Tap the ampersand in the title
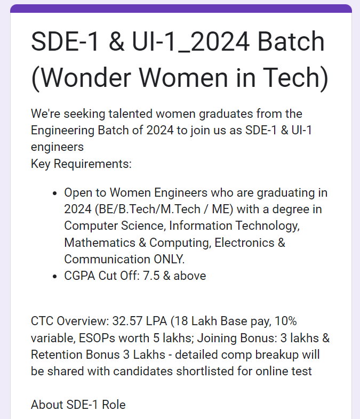tap(117, 41)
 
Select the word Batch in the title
tap(291, 41)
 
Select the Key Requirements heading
tap(81, 164)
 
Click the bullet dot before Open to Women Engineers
tap(55, 193)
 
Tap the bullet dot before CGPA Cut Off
tap(55, 276)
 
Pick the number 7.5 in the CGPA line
tap(151, 276)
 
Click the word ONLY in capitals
tap(169, 259)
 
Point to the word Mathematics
tap(100, 243)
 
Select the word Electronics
tap(245, 243)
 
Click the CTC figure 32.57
tap(127, 321)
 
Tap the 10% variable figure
tap(285, 321)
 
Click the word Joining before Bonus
tap(217, 339)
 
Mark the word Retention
tap(57, 355)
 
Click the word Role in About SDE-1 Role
tap(114, 405)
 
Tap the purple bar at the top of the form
tap(181, 9)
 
